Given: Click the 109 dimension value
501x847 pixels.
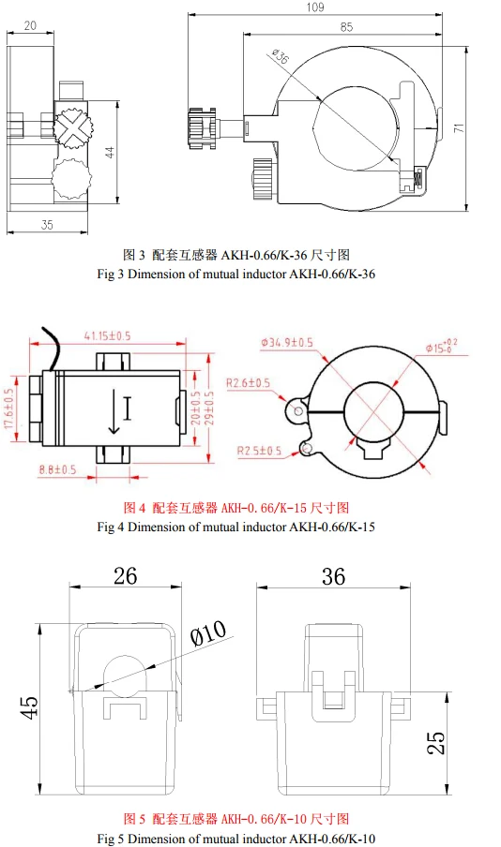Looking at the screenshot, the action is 315,7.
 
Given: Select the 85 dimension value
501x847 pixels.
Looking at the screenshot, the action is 347,26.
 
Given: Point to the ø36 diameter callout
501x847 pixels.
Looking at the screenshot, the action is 280,56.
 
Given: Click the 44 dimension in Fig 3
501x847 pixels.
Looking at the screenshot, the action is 110,153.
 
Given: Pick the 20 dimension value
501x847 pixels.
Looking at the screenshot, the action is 30,25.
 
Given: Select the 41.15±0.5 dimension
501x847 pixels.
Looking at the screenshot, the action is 107,335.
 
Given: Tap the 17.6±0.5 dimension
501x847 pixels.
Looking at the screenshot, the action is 8,410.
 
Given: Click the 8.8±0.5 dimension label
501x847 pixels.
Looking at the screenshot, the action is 57,469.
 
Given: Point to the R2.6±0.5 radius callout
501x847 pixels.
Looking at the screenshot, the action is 248,383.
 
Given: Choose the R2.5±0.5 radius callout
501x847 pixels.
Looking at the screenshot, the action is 259,451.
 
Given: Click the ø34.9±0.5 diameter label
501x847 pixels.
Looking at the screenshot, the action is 287,343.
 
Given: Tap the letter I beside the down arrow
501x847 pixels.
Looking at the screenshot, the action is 128,409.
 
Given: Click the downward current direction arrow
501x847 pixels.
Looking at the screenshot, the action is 114,411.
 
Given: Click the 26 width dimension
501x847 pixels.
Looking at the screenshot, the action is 125,576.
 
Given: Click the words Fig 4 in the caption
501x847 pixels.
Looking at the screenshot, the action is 111,527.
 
